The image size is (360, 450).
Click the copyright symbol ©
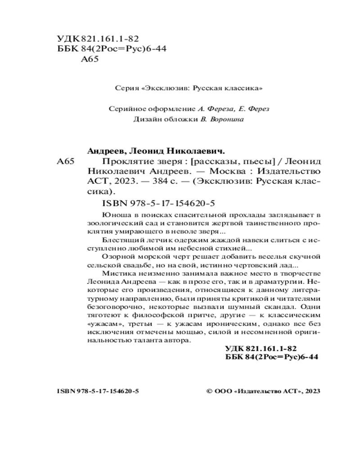pos(209,391)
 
